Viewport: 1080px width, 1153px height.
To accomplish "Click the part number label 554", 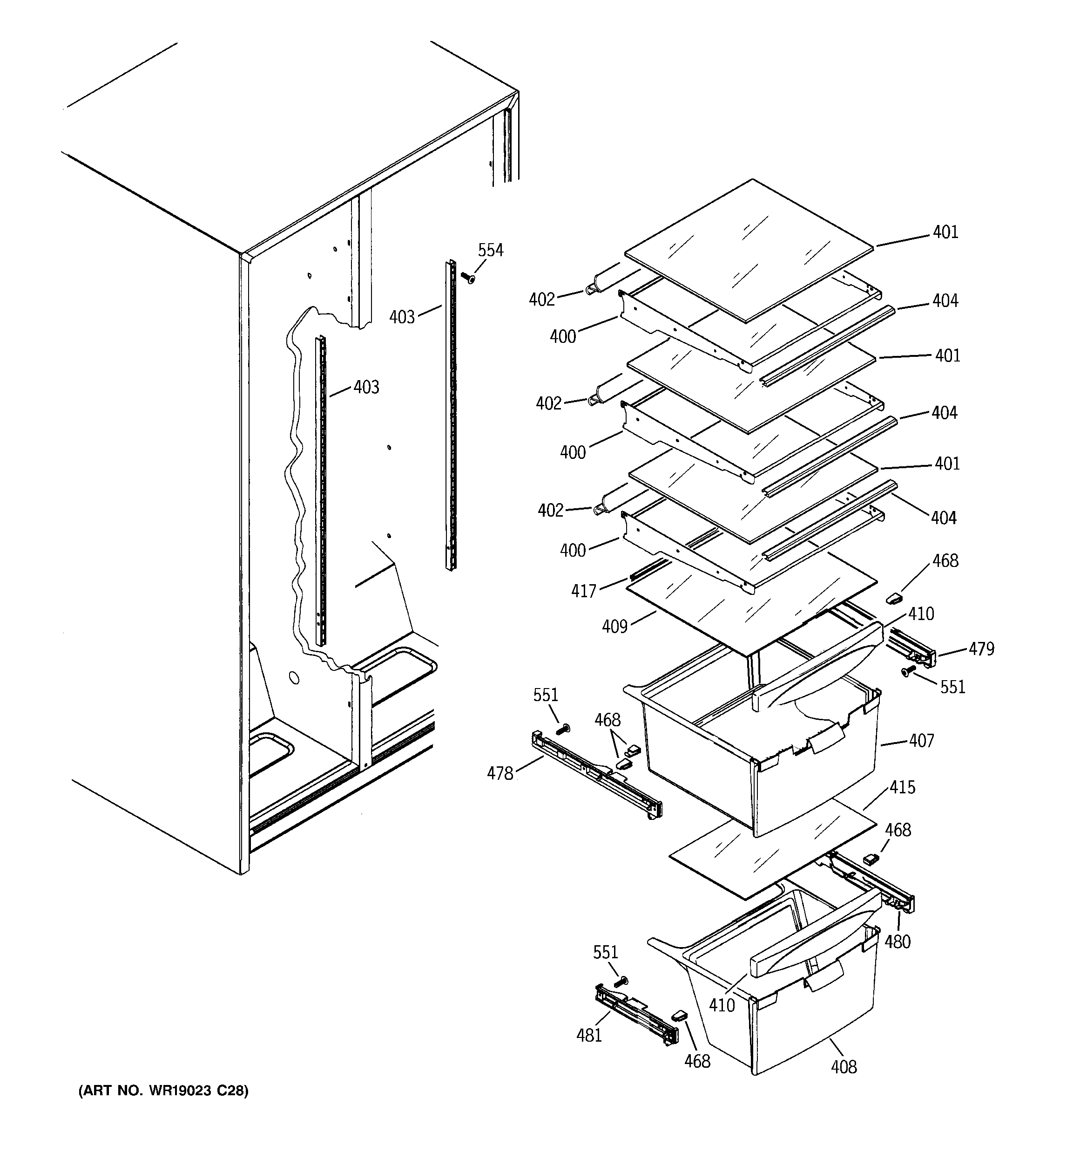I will pos(491,251).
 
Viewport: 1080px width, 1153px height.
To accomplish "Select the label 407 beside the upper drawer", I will pos(921,741).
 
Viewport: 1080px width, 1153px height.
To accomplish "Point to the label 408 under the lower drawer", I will pos(844,1066).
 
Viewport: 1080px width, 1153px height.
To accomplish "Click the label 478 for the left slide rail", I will pos(499,773).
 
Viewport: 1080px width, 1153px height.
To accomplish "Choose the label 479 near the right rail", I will pos(981,648).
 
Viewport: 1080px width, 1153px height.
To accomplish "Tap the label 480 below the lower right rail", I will pos(898,942).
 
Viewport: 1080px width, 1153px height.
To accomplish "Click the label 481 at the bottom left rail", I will pos(589,1035).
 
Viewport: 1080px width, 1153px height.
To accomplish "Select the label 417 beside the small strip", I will pos(583,591).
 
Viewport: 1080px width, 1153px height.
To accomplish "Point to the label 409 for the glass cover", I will pos(614,627).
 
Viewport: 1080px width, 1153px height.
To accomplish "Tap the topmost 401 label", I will pos(945,232).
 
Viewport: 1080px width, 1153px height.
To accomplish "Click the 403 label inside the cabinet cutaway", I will pos(366,387).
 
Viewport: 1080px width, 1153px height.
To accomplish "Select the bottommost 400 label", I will pos(573,550).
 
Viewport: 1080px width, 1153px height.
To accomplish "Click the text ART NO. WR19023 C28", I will pos(163,1091).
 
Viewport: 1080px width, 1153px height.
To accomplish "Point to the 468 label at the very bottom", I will pos(697,1061).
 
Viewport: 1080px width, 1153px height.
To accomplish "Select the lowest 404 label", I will pos(943,518).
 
